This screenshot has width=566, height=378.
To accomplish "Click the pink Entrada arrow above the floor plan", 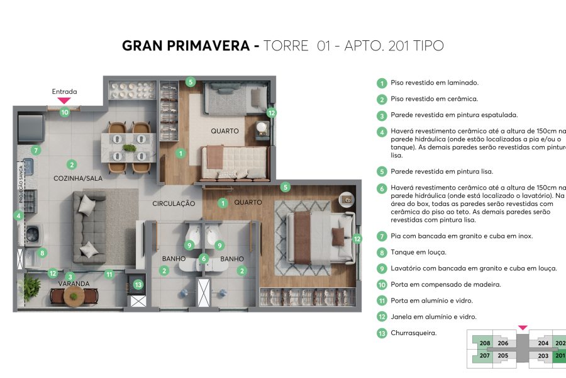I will pyautogui.click(x=64, y=100).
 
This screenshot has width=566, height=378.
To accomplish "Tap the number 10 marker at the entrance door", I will pyautogui.click(x=64, y=112).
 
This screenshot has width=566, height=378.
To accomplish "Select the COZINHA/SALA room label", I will pyautogui.click(x=77, y=178).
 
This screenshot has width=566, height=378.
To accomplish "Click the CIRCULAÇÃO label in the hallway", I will pyautogui.click(x=174, y=203).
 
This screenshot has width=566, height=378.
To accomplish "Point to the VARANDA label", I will pyautogui.click(x=74, y=283).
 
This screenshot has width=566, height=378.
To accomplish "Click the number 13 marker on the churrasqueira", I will pyautogui.click(x=138, y=284).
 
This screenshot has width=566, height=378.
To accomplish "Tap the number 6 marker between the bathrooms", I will pyautogui.click(x=203, y=258).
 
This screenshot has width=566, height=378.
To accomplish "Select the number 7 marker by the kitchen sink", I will pyautogui.click(x=36, y=151).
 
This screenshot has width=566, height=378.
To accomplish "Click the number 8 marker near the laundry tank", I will pyautogui.click(x=42, y=253).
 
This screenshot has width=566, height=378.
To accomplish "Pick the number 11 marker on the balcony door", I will pyautogui.click(x=109, y=274).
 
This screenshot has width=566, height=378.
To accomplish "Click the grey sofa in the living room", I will pyautogui.click(x=89, y=227).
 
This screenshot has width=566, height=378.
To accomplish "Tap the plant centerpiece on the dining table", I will pyautogui.click(x=130, y=149).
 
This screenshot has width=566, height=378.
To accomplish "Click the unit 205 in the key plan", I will pyautogui.click(x=502, y=356).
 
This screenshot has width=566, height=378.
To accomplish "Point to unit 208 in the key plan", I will pyautogui.click(x=484, y=343).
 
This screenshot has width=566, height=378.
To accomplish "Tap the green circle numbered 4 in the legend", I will pyautogui.click(x=381, y=132).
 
